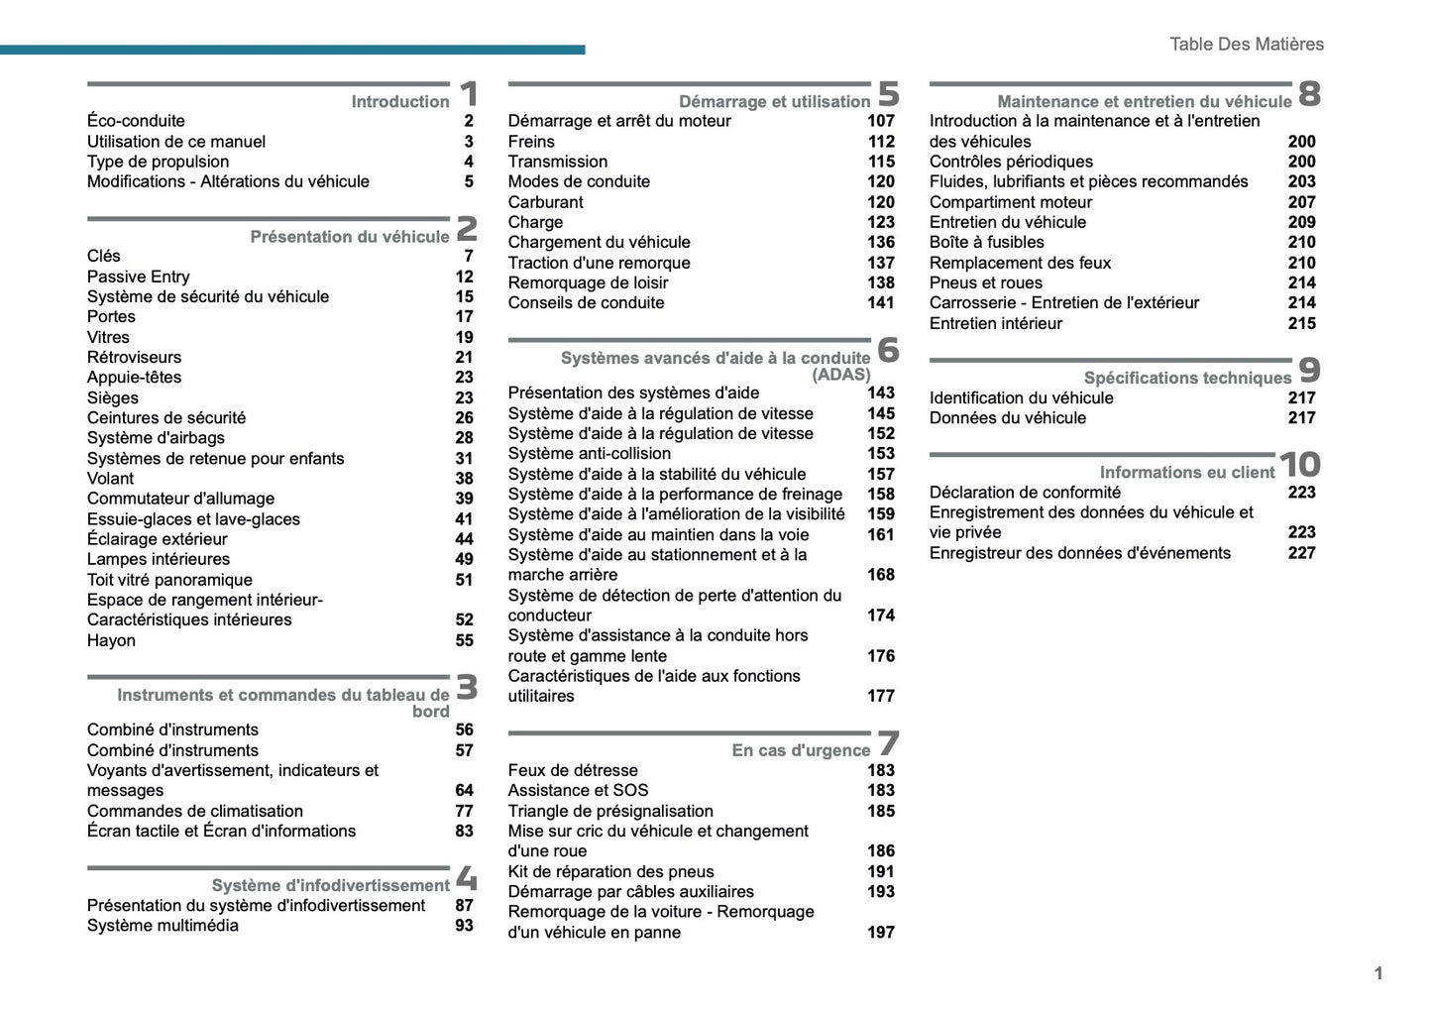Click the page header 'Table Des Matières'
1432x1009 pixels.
(x=1246, y=44)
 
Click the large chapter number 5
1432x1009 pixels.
(x=888, y=94)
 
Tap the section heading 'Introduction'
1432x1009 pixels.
(x=399, y=101)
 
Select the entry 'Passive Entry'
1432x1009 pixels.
(x=138, y=277)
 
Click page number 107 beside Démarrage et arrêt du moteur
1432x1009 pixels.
(x=880, y=121)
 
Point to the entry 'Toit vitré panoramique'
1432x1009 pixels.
(x=169, y=580)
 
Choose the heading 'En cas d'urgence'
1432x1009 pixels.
(x=800, y=750)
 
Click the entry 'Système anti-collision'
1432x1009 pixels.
(x=589, y=453)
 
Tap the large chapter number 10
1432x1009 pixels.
(x=1299, y=464)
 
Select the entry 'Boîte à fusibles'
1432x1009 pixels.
(x=986, y=242)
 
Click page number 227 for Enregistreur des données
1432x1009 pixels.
(x=1301, y=553)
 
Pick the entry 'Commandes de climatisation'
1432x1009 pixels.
(x=194, y=811)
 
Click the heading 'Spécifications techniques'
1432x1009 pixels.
(x=1187, y=378)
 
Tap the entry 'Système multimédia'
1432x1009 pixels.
(x=163, y=926)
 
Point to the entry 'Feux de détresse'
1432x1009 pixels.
(x=573, y=770)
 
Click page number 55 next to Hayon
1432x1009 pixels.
(x=464, y=640)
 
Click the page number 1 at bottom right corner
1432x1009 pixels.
(x=1377, y=973)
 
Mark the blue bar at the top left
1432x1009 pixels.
(x=292, y=50)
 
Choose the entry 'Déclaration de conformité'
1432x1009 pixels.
(x=1025, y=493)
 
